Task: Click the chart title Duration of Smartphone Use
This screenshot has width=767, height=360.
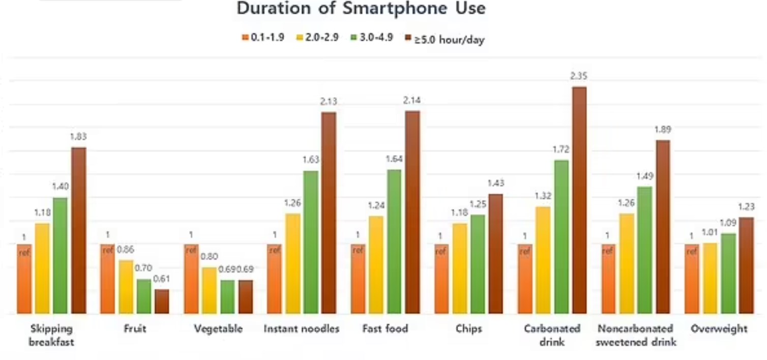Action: [x=361, y=9]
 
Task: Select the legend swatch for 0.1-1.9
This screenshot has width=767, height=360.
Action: [x=245, y=38]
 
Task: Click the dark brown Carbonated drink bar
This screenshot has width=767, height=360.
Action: [x=579, y=200]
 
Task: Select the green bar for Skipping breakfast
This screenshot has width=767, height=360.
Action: [x=60, y=255]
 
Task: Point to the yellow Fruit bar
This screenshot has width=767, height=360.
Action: [x=126, y=287]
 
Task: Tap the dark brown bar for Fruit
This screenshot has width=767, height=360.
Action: [x=162, y=301]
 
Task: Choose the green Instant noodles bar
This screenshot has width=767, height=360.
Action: [x=310, y=242]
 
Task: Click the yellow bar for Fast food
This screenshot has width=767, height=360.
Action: [x=376, y=264]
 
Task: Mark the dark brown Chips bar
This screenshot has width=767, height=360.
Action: [x=496, y=254]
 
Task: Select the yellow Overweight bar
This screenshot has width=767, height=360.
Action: [x=710, y=278]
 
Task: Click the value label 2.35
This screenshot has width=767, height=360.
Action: [x=579, y=76]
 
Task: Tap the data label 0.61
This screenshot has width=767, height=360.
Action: [x=162, y=279]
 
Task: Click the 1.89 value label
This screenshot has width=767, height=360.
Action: [x=663, y=130]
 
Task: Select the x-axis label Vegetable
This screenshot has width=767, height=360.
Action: [x=218, y=329]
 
